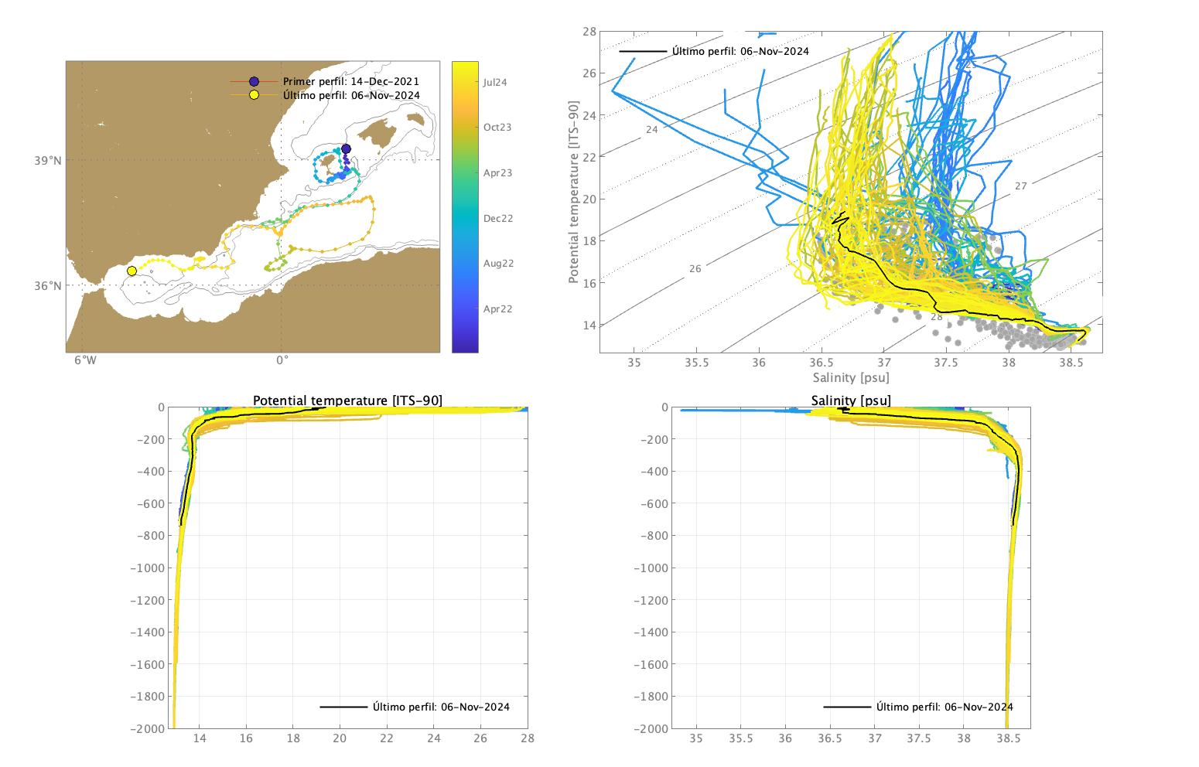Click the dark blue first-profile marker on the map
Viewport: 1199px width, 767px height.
346,148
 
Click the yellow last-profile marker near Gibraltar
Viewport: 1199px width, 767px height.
132,271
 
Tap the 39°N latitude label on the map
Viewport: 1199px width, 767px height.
47,161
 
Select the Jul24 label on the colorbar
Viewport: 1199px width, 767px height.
495,83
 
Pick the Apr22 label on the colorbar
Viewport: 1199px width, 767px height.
497,309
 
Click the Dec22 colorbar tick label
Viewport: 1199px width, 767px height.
498,219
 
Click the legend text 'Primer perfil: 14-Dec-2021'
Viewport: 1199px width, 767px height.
351,81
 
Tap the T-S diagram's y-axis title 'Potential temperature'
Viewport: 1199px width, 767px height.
574,192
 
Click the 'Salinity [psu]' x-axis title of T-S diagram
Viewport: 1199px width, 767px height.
851,377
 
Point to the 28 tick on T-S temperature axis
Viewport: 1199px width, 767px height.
589,32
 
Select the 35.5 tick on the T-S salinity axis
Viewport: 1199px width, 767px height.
696,362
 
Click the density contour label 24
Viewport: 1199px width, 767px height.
652,130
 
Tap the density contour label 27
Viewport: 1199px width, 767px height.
1021,186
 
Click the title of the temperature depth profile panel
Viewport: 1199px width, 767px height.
347,401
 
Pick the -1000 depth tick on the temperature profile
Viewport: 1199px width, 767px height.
147,568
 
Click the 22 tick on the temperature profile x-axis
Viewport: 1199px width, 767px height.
387,738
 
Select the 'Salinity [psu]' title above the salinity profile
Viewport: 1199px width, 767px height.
851,401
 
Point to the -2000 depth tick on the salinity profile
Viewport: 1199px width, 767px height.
651,728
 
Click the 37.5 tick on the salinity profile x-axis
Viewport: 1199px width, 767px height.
919,738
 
